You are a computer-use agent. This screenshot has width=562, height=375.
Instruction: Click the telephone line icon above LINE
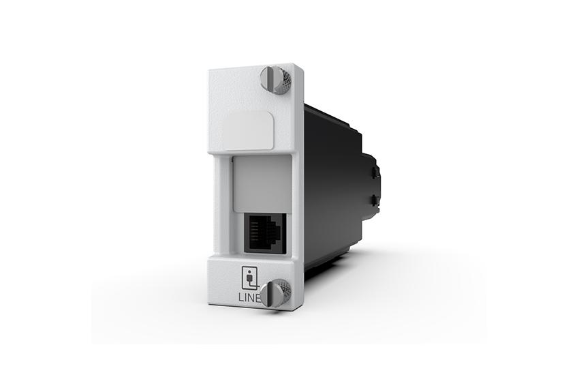click(251, 277)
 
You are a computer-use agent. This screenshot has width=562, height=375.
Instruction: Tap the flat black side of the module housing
click(334, 184)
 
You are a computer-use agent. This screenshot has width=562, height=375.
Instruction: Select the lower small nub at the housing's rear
click(374, 200)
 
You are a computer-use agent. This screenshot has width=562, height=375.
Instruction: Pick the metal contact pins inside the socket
click(262, 225)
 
